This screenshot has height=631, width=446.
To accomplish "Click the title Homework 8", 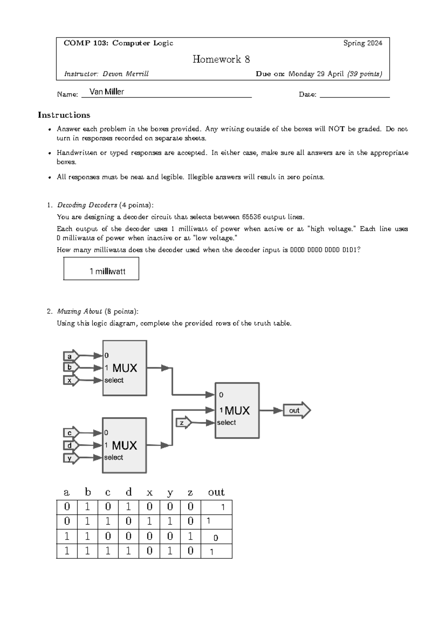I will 221,59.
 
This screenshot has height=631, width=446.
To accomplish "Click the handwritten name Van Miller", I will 107,92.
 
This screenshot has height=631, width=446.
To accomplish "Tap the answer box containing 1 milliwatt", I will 101,269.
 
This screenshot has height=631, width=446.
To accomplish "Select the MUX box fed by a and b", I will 125,368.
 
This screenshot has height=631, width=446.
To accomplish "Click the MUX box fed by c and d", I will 124,445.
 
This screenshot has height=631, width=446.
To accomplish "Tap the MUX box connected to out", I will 237,410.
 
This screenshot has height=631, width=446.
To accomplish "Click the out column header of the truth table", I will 216,492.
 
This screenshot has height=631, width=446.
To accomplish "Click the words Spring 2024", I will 362,43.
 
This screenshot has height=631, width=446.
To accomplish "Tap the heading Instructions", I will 64,115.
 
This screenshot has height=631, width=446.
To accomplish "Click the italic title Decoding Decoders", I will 87,205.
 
